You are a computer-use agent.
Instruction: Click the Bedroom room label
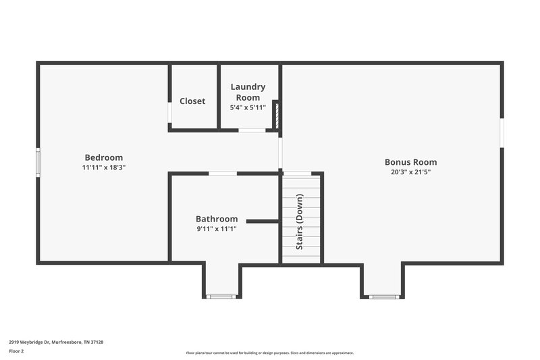[103, 157]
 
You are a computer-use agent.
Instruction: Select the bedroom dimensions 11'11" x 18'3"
[103, 167]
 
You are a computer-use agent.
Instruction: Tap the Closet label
[192, 101]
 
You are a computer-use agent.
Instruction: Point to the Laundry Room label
[248, 92]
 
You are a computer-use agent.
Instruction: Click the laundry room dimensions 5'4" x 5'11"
[248, 107]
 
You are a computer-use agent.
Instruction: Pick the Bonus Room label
[410, 162]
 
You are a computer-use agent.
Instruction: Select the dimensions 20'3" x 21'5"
[410, 172]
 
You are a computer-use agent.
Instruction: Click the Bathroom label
[217, 219]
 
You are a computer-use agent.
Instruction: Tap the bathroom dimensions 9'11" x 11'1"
[217, 228]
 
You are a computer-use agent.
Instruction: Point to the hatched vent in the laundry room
[276, 115]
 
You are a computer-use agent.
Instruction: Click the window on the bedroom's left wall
[38, 162]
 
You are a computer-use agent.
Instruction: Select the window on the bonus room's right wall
[502, 132]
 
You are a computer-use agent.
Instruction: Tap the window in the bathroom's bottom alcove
[221, 297]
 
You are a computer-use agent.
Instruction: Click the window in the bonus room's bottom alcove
[383, 297]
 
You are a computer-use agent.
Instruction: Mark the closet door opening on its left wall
[169, 113]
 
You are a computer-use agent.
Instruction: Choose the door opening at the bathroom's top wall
[222, 174]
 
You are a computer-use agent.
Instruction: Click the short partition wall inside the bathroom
[263, 221]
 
